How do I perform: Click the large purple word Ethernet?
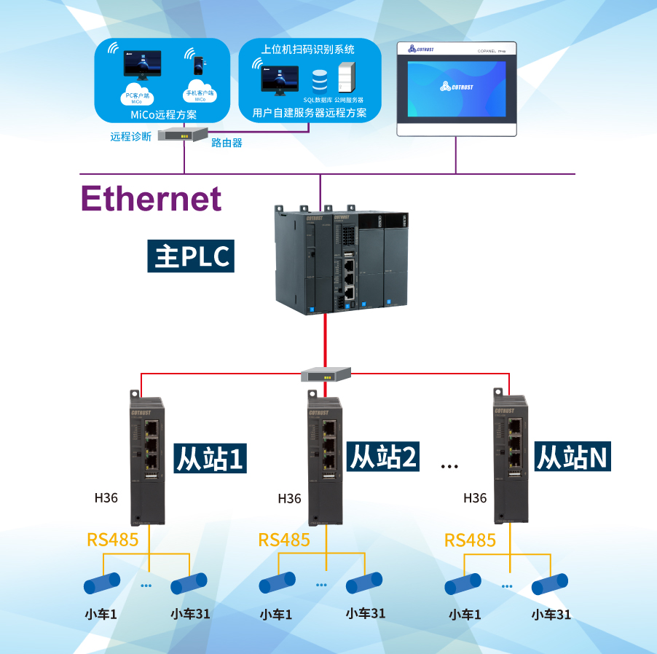click(x=151, y=198)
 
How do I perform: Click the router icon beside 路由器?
click(x=184, y=135)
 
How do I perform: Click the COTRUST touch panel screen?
click(x=457, y=88)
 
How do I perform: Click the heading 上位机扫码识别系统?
click(x=308, y=50)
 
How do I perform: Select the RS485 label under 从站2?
click(x=284, y=540)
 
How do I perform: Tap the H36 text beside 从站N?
click(x=475, y=498)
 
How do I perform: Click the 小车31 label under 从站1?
click(x=191, y=613)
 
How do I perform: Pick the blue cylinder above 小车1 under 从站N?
click(x=463, y=584)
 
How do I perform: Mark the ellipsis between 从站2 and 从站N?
click(x=449, y=466)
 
